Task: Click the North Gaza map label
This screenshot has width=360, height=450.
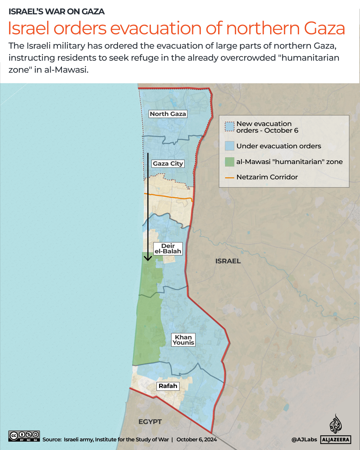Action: [168, 114]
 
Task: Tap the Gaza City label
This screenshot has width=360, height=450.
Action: [168, 164]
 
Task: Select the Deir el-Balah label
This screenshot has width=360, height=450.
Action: [168, 249]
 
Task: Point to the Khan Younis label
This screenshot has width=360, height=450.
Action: [183, 340]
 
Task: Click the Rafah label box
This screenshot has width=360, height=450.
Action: [168, 386]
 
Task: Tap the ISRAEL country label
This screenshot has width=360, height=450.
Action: [228, 261]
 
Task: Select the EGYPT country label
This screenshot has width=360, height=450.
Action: [150, 422]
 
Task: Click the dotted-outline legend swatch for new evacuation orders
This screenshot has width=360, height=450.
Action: [229, 127]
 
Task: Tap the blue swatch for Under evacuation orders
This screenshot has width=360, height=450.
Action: [229, 146]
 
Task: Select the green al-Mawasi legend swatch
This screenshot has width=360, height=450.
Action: [229, 162]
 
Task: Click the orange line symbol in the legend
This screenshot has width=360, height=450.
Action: [229, 178]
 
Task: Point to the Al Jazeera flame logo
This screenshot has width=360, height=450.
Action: [336, 424]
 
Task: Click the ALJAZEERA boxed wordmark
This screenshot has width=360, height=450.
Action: [336, 440]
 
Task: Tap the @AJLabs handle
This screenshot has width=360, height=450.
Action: [304, 440]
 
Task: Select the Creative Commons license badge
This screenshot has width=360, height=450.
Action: [24, 436]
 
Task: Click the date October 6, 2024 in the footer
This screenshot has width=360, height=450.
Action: [196, 440]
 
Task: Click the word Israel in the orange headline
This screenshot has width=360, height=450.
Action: [29, 28]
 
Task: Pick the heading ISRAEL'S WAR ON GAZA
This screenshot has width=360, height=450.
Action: [57, 12]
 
